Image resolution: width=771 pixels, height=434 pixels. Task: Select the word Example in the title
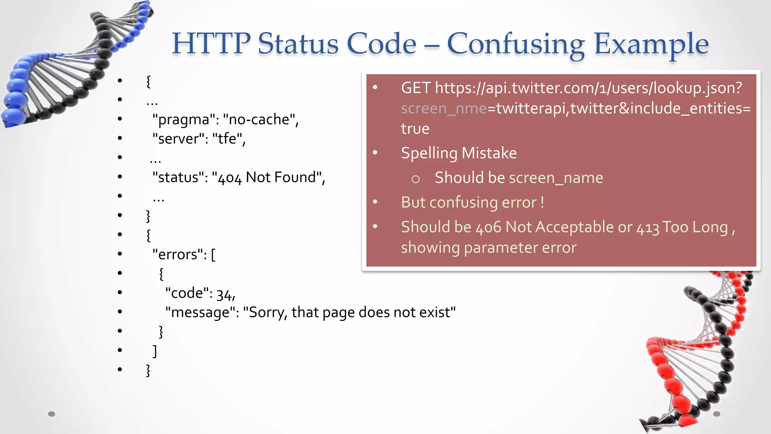coord(651,44)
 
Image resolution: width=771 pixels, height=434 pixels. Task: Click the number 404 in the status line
coord(230,178)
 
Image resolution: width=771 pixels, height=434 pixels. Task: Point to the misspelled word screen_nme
coord(444,109)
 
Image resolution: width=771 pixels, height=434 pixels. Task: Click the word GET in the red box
coord(416,88)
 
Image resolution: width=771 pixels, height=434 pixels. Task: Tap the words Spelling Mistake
coord(459,153)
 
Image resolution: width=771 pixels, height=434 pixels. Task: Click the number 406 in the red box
coord(488,228)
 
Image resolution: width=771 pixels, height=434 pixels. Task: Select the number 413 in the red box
coord(648,228)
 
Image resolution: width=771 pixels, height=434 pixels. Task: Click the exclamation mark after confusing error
coord(542,203)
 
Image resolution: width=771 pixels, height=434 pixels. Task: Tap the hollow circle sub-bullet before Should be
coord(415,179)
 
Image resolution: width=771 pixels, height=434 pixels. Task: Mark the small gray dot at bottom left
coord(52,414)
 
